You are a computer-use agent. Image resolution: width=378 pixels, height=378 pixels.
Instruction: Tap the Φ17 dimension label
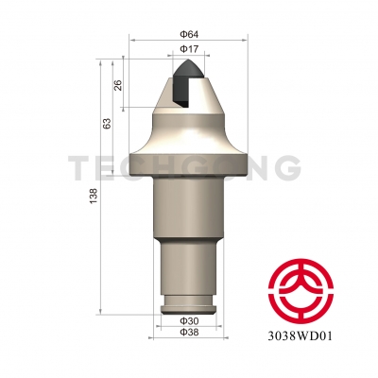click(x=188, y=48)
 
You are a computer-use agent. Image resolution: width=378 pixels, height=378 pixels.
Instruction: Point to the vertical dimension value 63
click(x=108, y=123)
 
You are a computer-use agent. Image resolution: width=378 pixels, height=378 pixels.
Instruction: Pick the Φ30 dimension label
click(x=188, y=322)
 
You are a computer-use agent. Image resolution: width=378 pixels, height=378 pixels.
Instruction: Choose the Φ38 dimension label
click(x=188, y=335)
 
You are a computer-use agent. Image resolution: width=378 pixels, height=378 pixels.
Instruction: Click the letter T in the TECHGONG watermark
click(x=79, y=168)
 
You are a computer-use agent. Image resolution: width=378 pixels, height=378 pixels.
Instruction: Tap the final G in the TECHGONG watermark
click(x=285, y=168)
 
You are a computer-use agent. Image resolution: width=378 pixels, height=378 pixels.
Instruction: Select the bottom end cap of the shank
click(x=188, y=308)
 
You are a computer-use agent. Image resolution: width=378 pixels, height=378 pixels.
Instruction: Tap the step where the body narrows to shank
click(x=188, y=242)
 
